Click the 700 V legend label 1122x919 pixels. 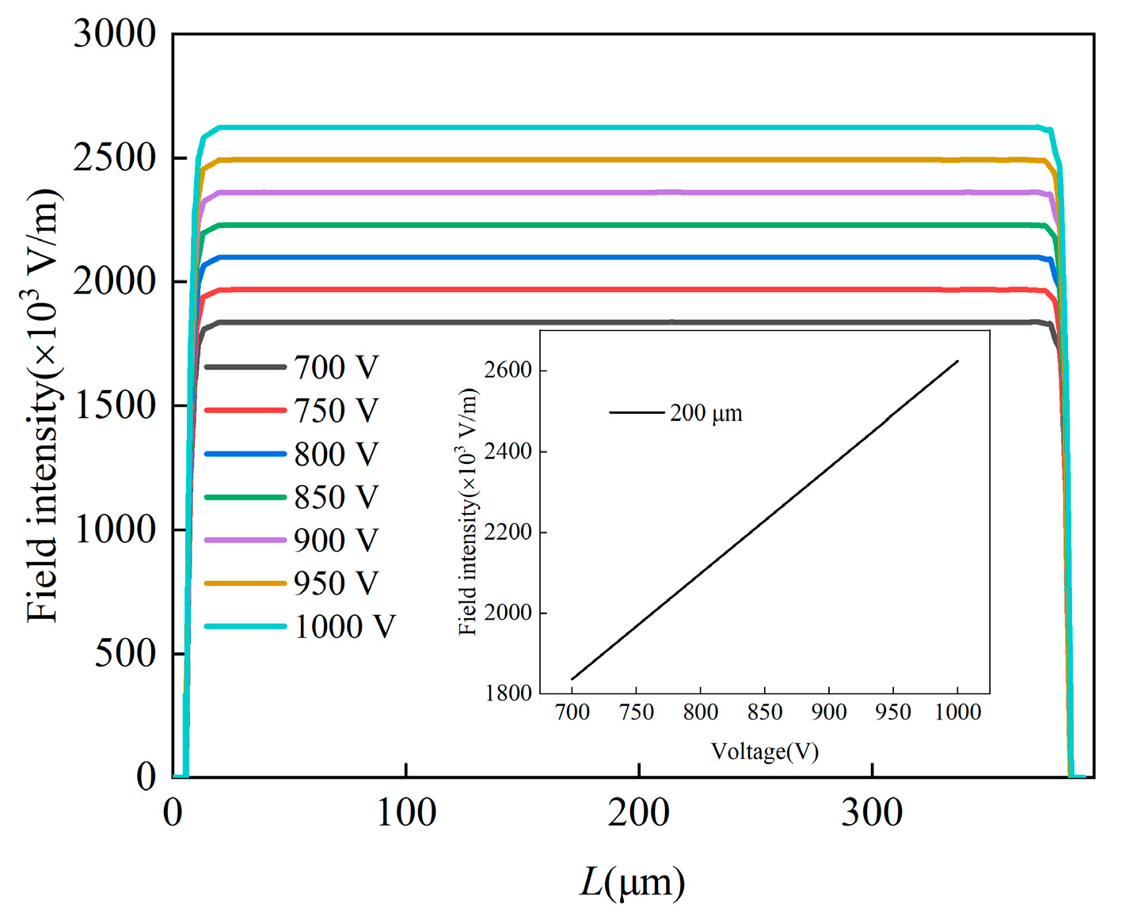(x=336, y=367)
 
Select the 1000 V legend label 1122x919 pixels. (x=344, y=627)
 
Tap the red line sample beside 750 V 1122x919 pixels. (x=245, y=411)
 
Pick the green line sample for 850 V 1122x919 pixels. (x=245, y=497)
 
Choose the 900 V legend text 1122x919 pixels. (x=336, y=541)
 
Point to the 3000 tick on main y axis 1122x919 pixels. (x=115, y=34)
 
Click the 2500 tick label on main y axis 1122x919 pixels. (x=115, y=158)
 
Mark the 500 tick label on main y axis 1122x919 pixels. (x=125, y=654)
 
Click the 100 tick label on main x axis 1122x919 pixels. (x=405, y=814)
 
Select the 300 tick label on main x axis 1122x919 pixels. (x=871, y=814)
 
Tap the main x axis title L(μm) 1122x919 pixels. (x=632, y=883)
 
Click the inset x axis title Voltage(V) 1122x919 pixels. (x=764, y=751)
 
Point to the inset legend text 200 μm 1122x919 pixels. (x=706, y=413)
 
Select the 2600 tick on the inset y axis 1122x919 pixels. (x=508, y=370)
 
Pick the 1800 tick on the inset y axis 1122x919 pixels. (x=508, y=693)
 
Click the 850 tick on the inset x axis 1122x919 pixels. (x=764, y=712)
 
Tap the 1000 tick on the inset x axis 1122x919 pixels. (x=957, y=712)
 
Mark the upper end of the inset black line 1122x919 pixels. (x=957, y=362)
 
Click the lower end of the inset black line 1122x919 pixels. (x=572, y=678)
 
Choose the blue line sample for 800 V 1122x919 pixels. (x=245, y=454)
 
